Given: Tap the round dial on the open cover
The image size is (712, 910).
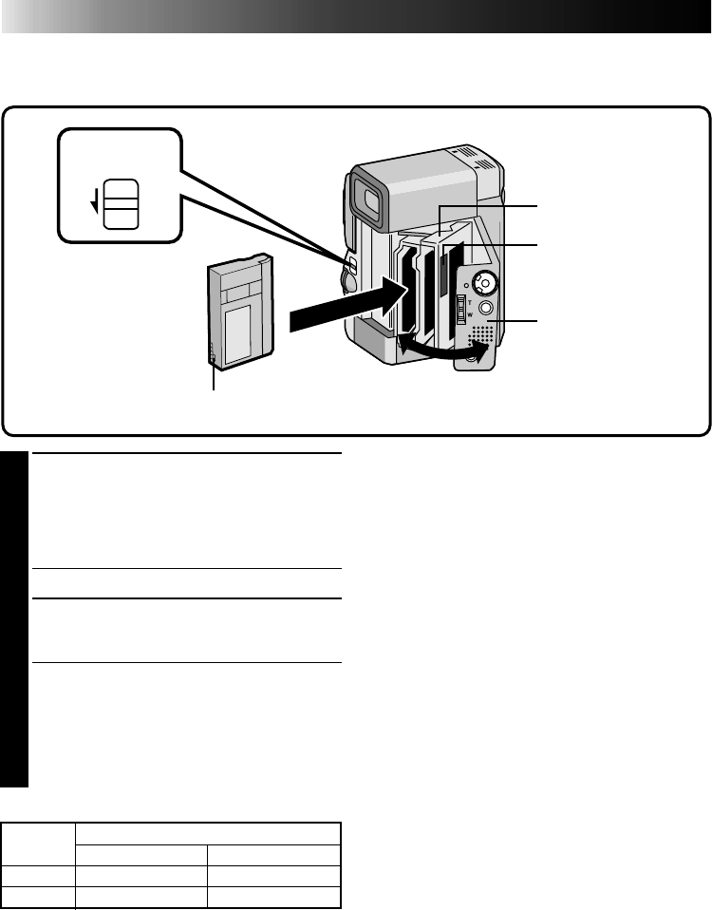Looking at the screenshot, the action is click(485, 282).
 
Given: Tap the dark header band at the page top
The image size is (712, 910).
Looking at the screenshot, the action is click(356, 17).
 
